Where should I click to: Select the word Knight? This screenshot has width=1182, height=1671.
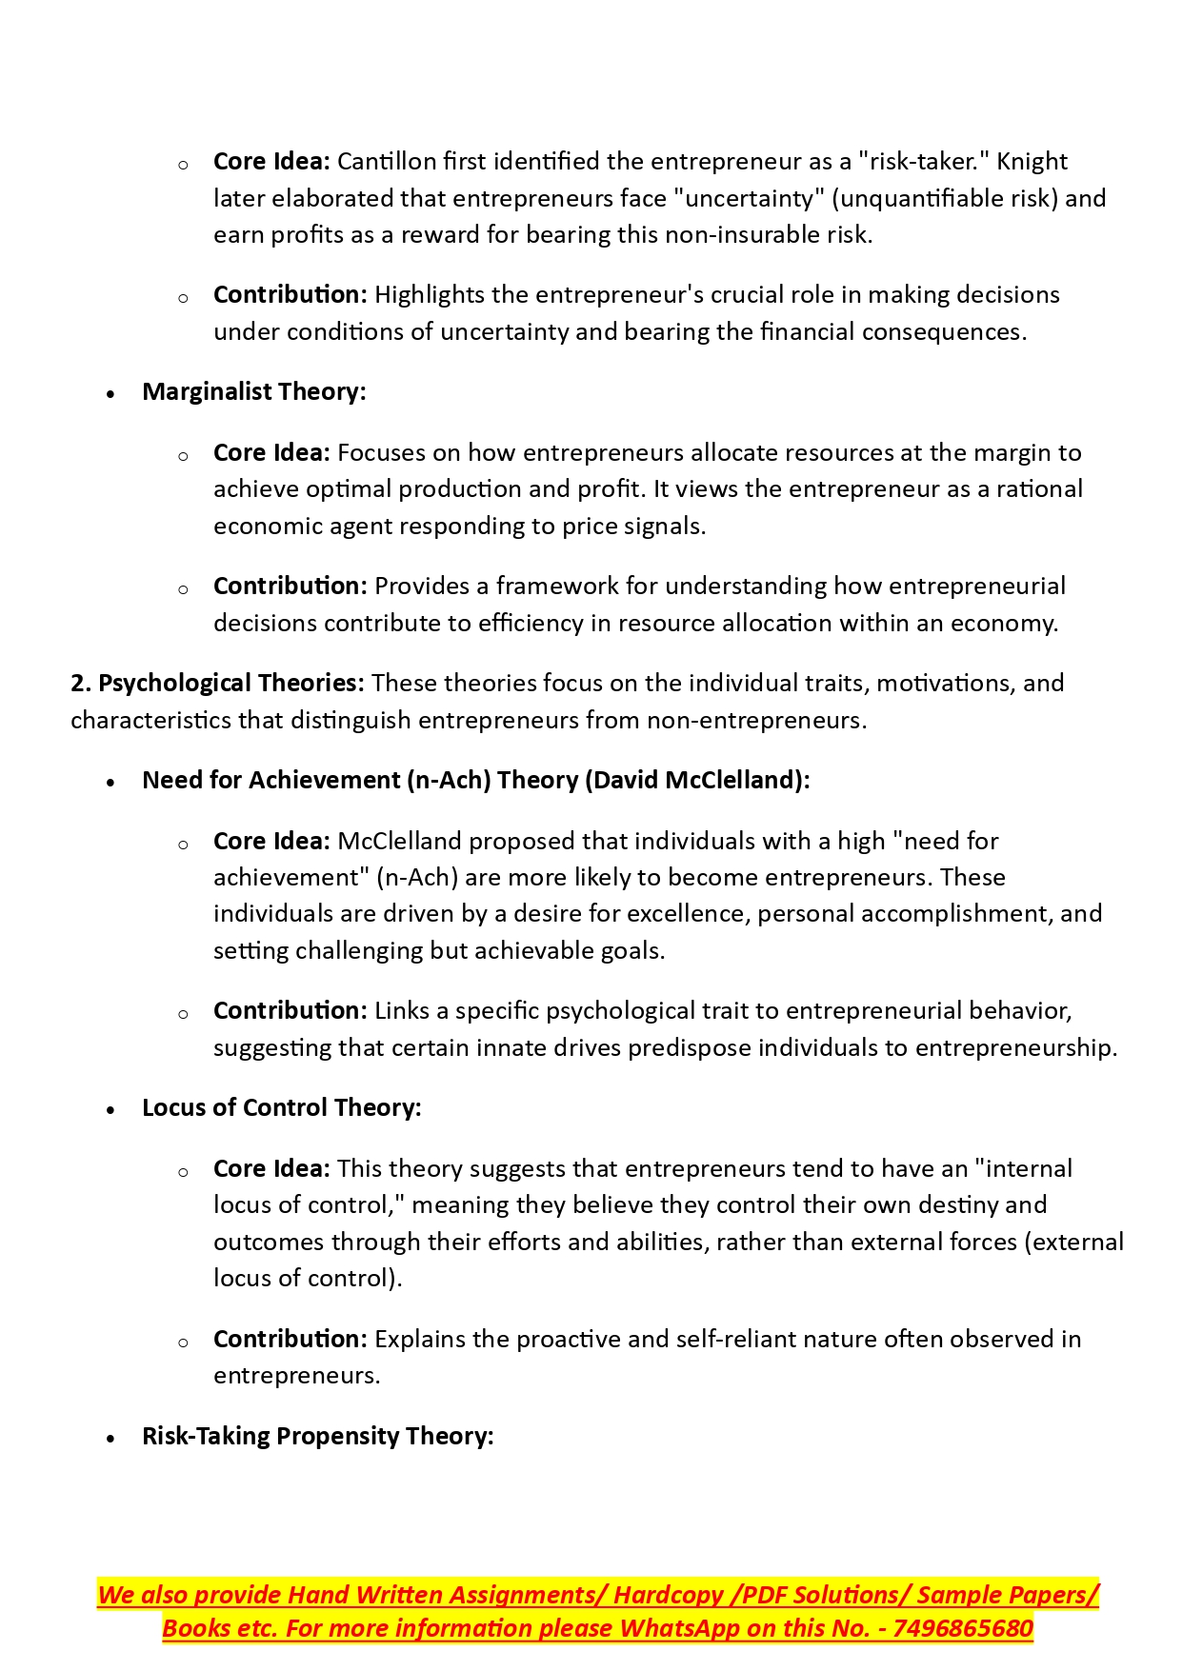1032,162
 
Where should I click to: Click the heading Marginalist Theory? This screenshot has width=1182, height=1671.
253,392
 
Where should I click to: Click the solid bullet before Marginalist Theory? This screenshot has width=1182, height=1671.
111,393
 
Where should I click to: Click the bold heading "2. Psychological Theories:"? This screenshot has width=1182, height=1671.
217,684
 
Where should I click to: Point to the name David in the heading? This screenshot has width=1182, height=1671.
624,781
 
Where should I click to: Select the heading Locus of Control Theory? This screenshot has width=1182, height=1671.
281,1108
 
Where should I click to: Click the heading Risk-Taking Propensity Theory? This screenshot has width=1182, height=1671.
317,1437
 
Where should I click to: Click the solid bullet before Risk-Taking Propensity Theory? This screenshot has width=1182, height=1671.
111,1438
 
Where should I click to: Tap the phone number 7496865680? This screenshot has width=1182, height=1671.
963,1629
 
